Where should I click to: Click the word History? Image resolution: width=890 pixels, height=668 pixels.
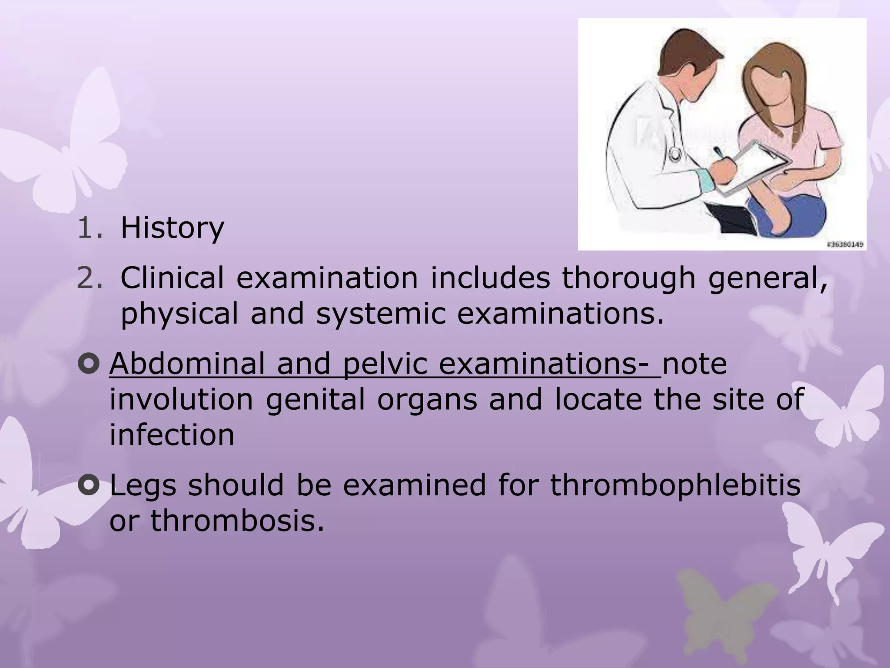(x=172, y=228)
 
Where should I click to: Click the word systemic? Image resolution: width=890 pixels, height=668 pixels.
(x=381, y=314)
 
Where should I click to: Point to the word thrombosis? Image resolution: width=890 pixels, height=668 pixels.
(x=237, y=520)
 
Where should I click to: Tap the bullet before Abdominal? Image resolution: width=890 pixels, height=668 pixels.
(x=89, y=365)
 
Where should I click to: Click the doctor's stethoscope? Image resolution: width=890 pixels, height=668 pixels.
(x=675, y=153)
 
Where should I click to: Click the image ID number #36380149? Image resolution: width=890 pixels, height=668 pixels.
(x=844, y=245)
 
